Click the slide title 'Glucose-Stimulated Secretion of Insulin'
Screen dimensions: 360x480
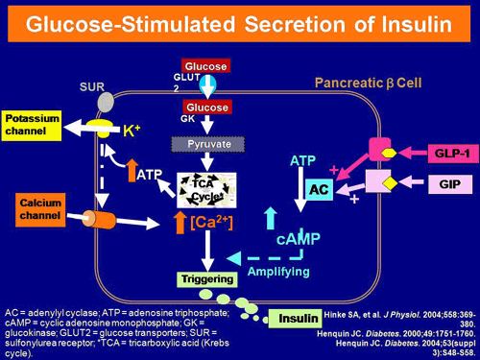click(x=239, y=24)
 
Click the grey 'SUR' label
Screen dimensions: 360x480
click(x=91, y=85)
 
